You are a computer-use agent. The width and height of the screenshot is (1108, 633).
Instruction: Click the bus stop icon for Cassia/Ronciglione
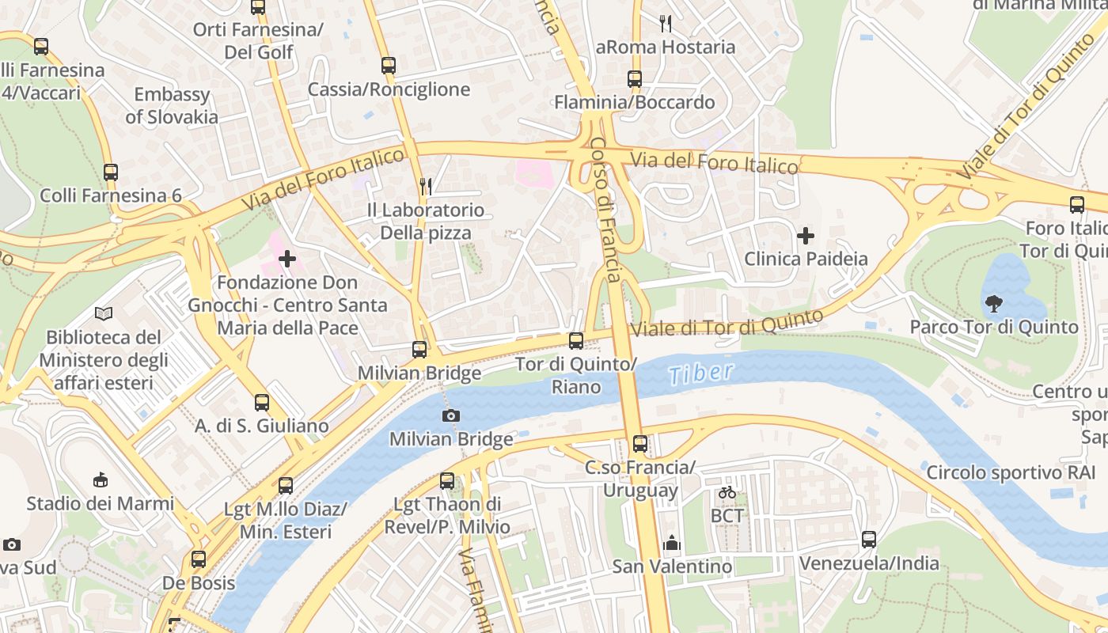click(x=388, y=66)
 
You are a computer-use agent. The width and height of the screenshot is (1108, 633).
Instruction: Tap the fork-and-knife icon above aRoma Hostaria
click(x=666, y=24)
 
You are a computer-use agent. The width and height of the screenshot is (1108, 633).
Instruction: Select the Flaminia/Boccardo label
click(x=634, y=102)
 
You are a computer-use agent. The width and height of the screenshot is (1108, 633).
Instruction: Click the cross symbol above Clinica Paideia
click(x=806, y=235)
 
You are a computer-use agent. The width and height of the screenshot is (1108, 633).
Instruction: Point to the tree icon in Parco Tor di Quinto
click(x=994, y=303)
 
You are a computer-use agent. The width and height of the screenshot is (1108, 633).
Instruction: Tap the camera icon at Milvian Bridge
click(x=451, y=415)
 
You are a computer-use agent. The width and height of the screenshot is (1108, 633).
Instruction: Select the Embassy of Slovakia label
click(x=172, y=105)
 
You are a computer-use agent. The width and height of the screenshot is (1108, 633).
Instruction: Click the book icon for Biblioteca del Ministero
click(x=104, y=313)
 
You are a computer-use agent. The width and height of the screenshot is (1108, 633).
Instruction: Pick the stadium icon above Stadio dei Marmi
click(x=101, y=479)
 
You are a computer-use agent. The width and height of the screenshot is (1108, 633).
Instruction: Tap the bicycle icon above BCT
click(x=727, y=492)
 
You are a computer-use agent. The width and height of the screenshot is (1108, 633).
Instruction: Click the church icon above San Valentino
click(x=672, y=543)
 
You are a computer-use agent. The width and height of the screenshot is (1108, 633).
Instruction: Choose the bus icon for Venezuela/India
click(x=869, y=540)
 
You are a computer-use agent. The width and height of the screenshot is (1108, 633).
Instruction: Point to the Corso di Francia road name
click(x=607, y=210)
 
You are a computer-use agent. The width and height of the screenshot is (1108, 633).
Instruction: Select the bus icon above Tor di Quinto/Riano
click(x=576, y=341)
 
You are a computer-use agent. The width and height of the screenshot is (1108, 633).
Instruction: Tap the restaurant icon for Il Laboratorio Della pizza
click(x=426, y=186)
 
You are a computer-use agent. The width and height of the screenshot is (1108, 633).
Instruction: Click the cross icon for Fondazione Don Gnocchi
click(x=287, y=258)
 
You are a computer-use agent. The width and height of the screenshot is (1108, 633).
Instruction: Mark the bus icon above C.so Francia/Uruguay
click(x=640, y=444)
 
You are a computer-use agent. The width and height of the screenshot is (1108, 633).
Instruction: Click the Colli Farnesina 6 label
click(x=111, y=195)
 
